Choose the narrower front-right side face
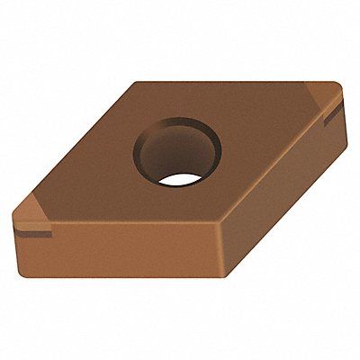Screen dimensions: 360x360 tap(279, 198)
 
